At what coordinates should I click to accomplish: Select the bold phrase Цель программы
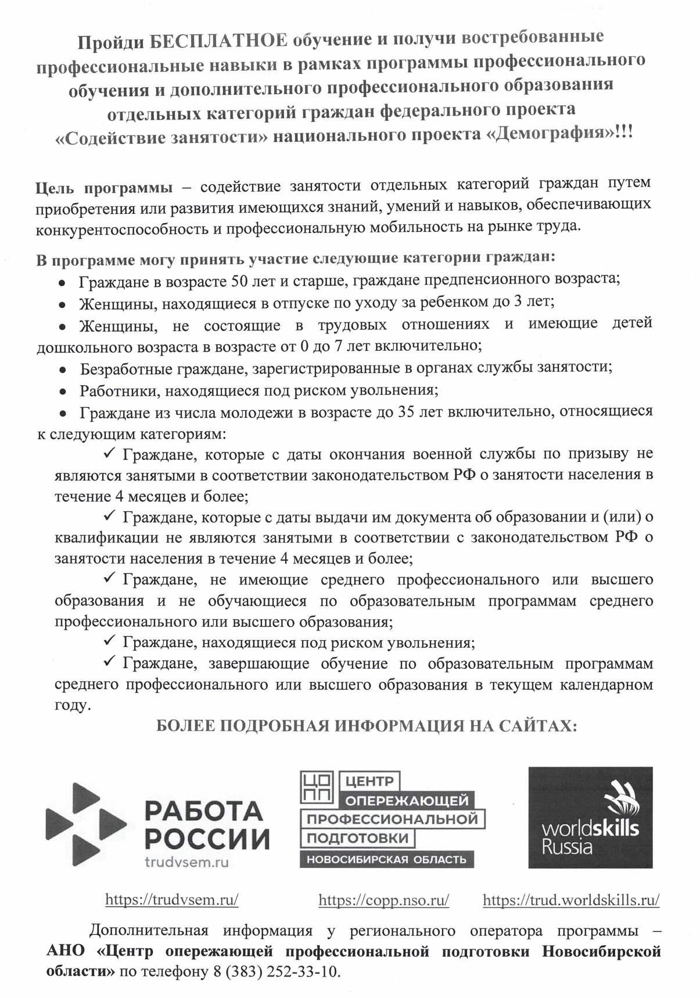105,188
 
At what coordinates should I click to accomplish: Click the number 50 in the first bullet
240,281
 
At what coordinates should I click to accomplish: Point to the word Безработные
122,368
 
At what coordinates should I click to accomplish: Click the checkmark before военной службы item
110,452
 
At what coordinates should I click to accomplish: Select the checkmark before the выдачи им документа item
110,515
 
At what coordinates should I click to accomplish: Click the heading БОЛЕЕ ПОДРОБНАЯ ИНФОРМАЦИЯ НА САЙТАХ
367,726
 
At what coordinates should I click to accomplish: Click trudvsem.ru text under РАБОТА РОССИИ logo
186,863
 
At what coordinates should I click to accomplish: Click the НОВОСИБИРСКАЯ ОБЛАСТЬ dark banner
386,859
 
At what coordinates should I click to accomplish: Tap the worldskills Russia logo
590,817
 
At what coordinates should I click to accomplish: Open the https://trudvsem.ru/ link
172,900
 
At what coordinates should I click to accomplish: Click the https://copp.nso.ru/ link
383,900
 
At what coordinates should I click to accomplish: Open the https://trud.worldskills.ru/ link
571,900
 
